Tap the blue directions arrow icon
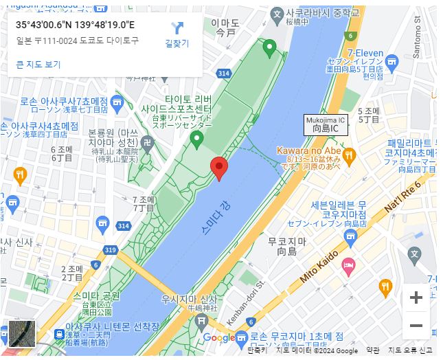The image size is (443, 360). pyautogui.click(x=177, y=28)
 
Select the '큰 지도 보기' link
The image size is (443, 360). pyautogui.click(x=38, y=65)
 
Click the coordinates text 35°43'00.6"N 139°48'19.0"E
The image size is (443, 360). pyautogui.click(x=75, y=25)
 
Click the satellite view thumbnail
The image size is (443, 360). pyautogui.click(x=21, y=333)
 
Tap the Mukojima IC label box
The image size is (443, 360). pyautogui.click(x=326, y=124)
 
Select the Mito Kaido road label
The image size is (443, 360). pyautogui.click(x=319, y=267)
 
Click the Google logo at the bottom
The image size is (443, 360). pyautogui.click(x=218, y=337)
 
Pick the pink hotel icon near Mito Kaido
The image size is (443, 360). pyautogui.click(x=348, y=265)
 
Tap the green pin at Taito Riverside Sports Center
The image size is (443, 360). pyautogui.click(x=196, y=139)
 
